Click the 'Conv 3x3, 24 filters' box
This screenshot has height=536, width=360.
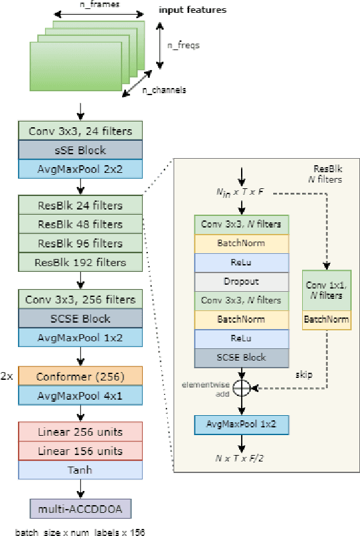click(x=80, y=131)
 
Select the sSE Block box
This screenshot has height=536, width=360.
click(x=80, y=150)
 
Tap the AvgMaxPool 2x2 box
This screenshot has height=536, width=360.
click(x=80, y=168)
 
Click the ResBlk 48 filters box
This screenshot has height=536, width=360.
click(x=80, y=224)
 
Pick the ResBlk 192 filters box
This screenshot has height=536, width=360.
click(x=80, y=262)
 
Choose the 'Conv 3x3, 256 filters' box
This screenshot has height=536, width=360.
click(x=80, y=299)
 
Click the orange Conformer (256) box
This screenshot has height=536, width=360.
click(x=80, y=375)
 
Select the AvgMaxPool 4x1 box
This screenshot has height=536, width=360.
click(x=80, y=394)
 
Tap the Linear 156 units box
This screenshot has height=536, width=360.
click(x=80, y=451)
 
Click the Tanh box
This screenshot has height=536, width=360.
click(x=80, y=469)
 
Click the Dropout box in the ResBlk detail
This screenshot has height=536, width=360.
click(x=242, y=281)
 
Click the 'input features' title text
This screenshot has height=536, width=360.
click(x=192, y=11)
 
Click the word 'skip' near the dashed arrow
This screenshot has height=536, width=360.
click(x=303, y=374)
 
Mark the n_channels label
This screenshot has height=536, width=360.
click(x=164, y=91)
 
